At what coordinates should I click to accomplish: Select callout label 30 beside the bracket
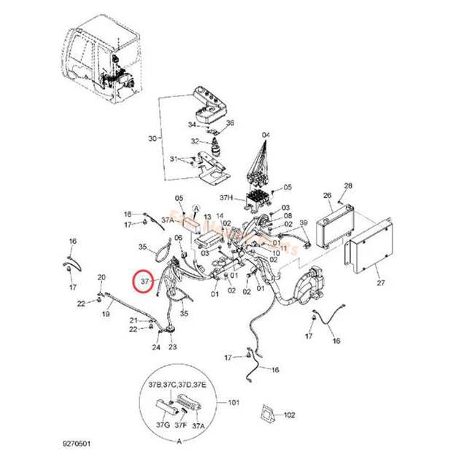tap(153, 138)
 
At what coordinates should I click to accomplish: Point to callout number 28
tap(348, 186)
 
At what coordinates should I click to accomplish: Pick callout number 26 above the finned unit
tap(327, 196)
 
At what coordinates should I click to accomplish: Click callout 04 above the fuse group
tap(266, 136)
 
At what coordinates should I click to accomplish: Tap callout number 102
tap(290, 414)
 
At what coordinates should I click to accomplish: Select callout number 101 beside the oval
tap(233, 401)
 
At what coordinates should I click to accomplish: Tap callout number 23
tap(173, 347)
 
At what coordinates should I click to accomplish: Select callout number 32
tap(195, 141)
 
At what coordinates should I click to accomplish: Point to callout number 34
tap(191, 125)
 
